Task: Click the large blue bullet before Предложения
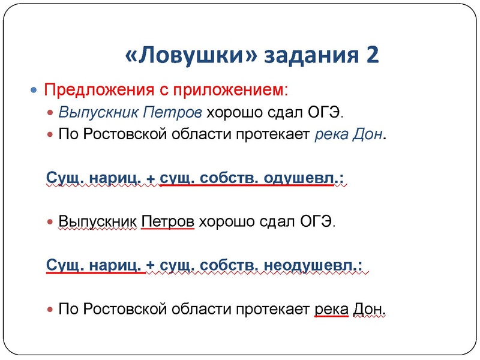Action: [x=34, y=90]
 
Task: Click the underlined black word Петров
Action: [x=168, y=221]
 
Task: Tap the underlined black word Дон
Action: [x=368, y=309]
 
